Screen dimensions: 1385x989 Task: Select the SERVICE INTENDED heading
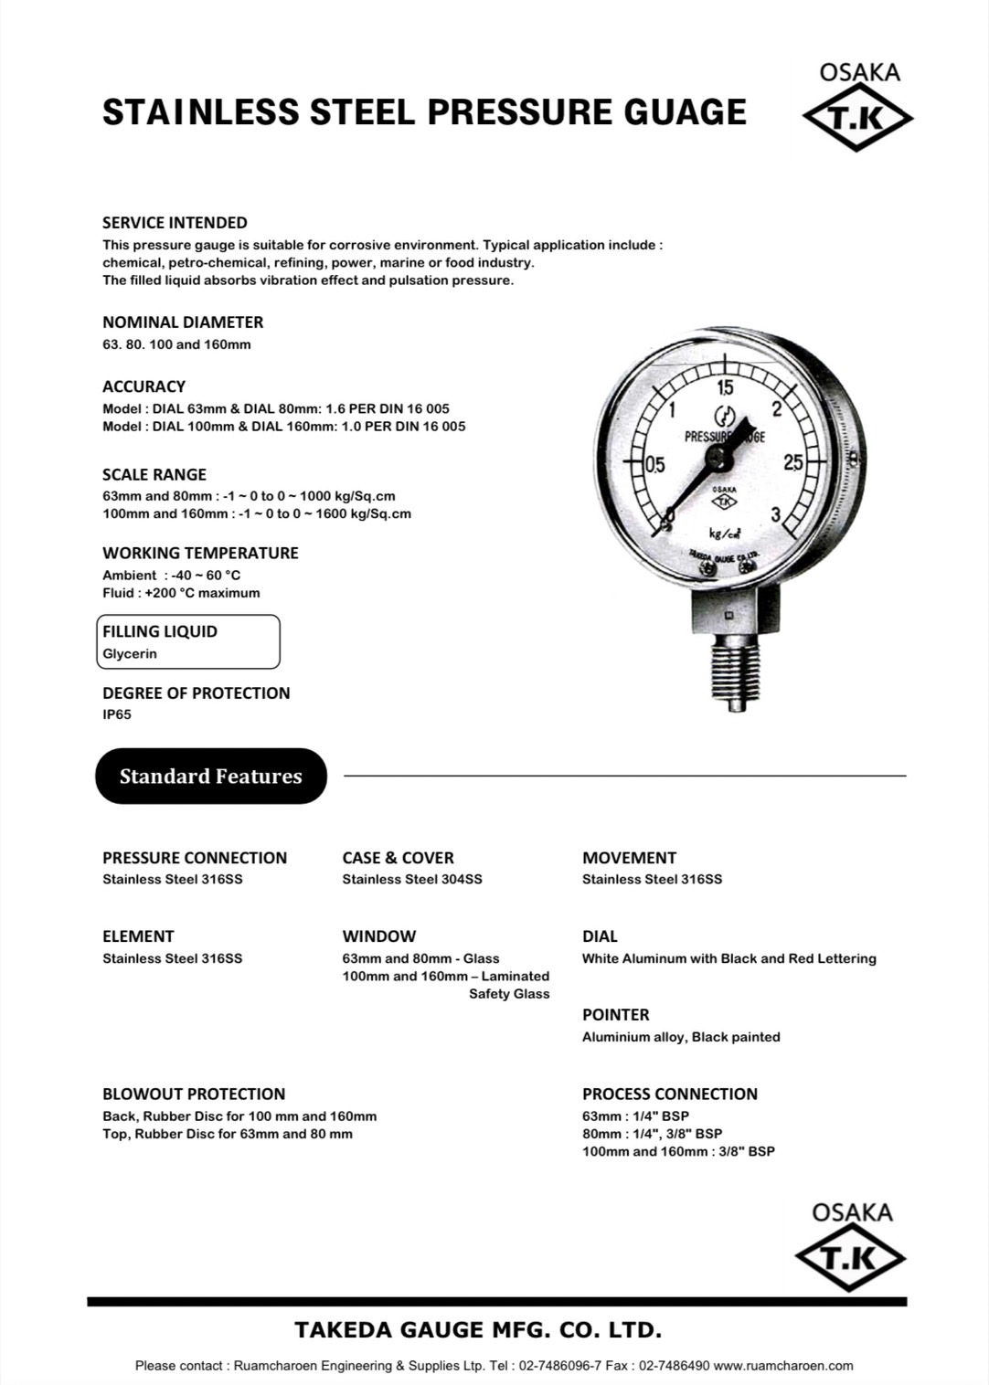pyautogui.click(x=175, y=222)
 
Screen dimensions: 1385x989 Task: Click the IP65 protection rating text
pyautogui.click(x=117, y=714)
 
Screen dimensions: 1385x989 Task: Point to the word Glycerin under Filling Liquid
pyautogui.click(x=130, y=654)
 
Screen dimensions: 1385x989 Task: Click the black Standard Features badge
pyautogui.click(x=211, y=777)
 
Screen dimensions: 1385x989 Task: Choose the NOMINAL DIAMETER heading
pyautogui.click(x=183, y=322)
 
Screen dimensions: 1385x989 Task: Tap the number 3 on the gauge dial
pyautogui.click(x=776, y=514)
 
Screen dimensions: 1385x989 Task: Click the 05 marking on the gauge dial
pyautogui.click(x=654, y=464)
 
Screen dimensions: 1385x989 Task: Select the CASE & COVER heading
pyautogui.click(x=398, y=858)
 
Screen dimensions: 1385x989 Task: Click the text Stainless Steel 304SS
pyautogui.click(x=412, y=879)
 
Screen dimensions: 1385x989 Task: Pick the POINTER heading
pyautogui.click(x=615, y=1014)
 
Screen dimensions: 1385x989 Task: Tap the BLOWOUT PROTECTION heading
pyautogui.click(x=194, y=1094)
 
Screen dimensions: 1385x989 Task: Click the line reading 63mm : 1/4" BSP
pyautogui.click(x=635, y=1115)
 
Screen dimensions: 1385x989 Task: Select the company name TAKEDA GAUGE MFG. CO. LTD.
pyautogui.click(x=478, y=1329)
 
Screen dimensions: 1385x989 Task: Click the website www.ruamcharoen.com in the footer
pyautogui.click(x=783, y=1366)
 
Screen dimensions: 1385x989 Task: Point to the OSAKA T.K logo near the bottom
pyautogui.click(x=851, y=1246)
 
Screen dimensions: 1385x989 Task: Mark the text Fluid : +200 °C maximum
pyautogui.click(x=181, y=593)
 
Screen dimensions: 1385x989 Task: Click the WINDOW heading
pyautogui.click(x=378, y=936)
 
